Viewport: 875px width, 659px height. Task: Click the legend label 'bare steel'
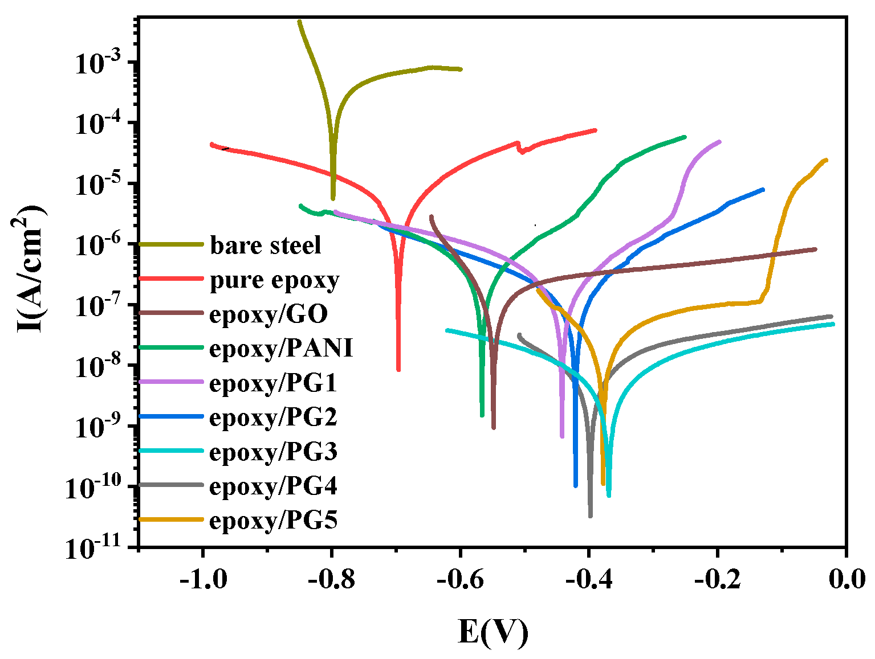(265, 245)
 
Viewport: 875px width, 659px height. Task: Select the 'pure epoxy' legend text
(274, 280)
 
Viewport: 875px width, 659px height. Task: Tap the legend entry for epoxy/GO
(268, 314)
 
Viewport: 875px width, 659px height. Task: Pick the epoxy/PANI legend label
(281, 348)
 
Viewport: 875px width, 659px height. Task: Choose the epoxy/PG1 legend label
(273, 383)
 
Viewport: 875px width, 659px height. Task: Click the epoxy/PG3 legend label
(273, 452)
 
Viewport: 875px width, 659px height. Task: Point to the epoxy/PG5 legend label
(273, 521)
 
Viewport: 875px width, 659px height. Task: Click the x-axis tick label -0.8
(331, 580)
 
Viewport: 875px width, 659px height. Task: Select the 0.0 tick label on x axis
(846, 580)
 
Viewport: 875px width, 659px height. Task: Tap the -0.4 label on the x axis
(588, 580)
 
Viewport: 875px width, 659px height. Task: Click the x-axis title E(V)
(493, 632)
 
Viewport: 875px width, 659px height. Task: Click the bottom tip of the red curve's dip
(398, 370)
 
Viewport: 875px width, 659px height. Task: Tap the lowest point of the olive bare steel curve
(333, 198)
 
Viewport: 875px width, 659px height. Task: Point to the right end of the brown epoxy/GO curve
(815, 249)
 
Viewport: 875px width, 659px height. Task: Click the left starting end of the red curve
(211, 145)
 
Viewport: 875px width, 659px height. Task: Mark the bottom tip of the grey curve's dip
(590, 516)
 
